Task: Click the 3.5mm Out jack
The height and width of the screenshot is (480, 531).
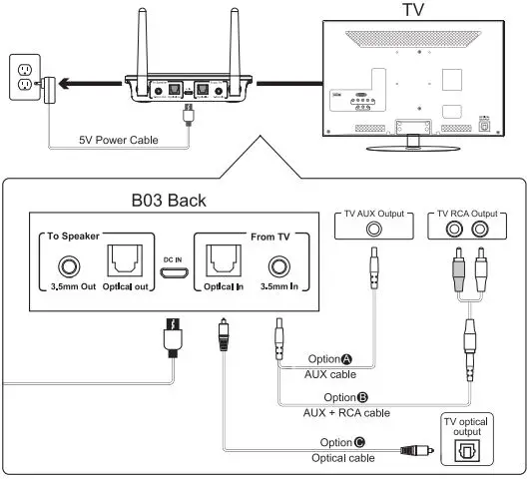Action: [68, 267]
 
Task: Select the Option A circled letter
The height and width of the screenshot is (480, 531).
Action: [347, 359]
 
